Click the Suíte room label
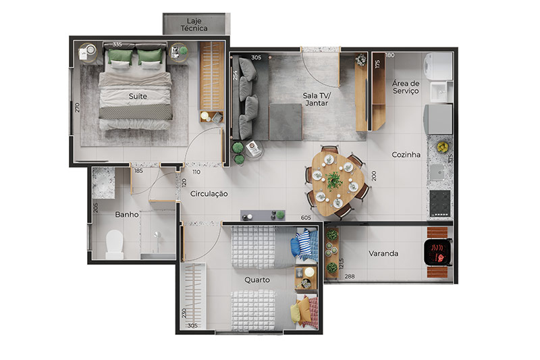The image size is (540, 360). tap(138, 96)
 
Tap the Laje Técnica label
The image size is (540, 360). tap(194, 25)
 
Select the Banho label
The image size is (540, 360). tap(127, 215)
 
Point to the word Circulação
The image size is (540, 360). tap(209, 194)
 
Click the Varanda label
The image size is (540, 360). tap(383, 253)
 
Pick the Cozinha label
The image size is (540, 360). tap(406, 155)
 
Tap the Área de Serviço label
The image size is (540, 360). tap(406, 87)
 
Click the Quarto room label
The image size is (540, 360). tap(257, 280)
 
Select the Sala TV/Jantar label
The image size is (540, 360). tap(317, 99)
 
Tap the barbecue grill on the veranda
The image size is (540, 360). tap(437, 252)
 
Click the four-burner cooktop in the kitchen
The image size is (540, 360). tap(440, 203)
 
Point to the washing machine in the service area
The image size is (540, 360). tap(437, 66)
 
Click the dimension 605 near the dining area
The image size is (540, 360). tap(306, 217)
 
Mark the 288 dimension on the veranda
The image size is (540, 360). tap(350, 276)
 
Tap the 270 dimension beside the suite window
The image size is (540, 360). tap(77, 107)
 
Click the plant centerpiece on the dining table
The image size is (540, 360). tap(333, 181)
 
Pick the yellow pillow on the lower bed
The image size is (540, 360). tap(296, 312)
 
